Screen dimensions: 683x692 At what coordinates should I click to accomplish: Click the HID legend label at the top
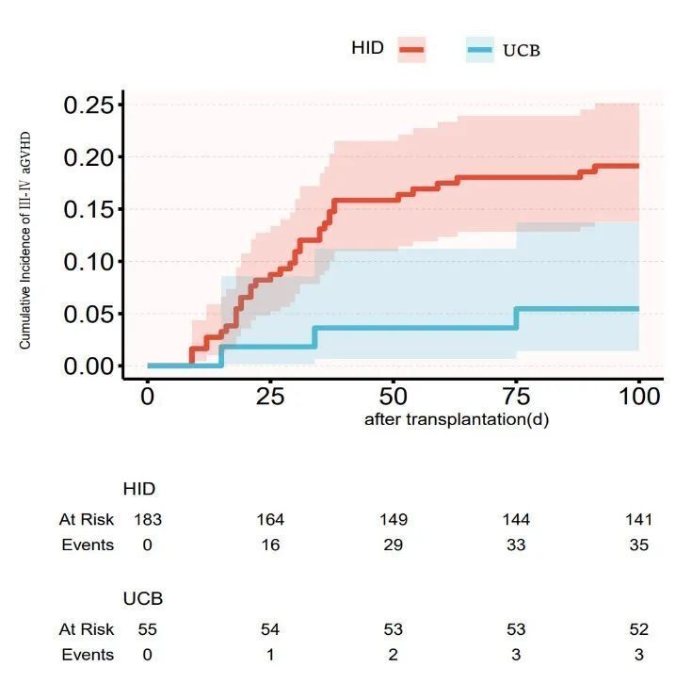(x=367, y=47)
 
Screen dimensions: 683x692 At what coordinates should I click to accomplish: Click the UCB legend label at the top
(x=522, y=50)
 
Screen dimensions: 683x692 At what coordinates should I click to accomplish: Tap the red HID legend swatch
(x=411, y=48)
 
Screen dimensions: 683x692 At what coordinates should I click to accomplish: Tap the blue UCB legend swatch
(x=480, y=49)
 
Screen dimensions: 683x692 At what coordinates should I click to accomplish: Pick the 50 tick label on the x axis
(x=394, y=397)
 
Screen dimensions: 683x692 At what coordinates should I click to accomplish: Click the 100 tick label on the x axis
(x=639, y=397)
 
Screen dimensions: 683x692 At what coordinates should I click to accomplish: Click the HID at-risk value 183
(x=148, y=519)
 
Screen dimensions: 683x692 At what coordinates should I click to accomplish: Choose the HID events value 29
(x=394, y=545)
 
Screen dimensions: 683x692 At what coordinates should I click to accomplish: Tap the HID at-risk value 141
(x=638, y=519)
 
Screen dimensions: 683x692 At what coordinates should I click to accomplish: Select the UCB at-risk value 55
(x=148, y=629)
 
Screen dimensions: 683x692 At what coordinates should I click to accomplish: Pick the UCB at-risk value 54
(x=270, y=629)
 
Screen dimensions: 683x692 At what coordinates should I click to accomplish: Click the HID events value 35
(x=638, y=545)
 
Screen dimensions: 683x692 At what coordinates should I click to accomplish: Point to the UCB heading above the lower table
(x=143, y=598)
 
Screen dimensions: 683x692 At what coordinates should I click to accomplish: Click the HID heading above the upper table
(x=139, y=489)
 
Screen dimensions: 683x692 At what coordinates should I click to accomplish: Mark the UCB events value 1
(x=270, y=655)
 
